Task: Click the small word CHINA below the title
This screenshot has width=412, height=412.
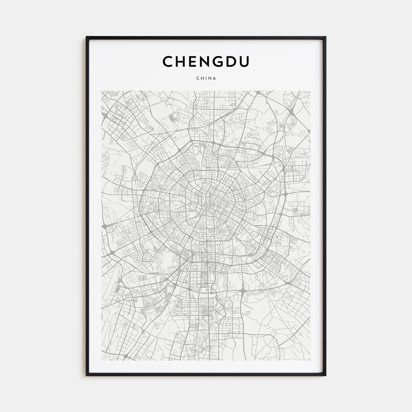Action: coord(206,78)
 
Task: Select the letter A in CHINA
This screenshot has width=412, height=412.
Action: coord(215,78)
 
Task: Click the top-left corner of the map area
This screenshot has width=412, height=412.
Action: coord(102,91)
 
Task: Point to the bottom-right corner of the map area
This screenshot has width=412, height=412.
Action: coord(310,360)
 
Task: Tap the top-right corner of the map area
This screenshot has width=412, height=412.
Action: coord(310,91)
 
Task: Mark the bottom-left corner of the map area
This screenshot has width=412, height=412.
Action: coord(102,360)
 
